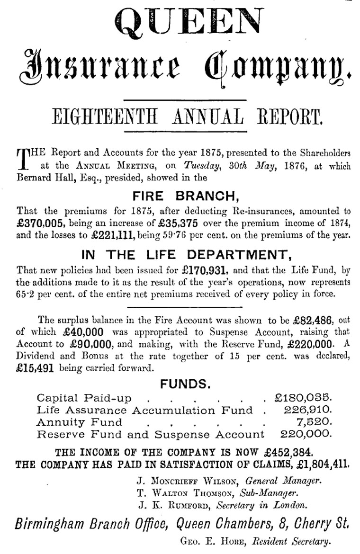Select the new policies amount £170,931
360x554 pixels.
pyautogui.click(x=206, y=271)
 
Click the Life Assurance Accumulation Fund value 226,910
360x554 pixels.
pyautogui.click(x=308, y=410)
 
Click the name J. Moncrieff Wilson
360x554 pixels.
pyautogui.click(x=187, y=482)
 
